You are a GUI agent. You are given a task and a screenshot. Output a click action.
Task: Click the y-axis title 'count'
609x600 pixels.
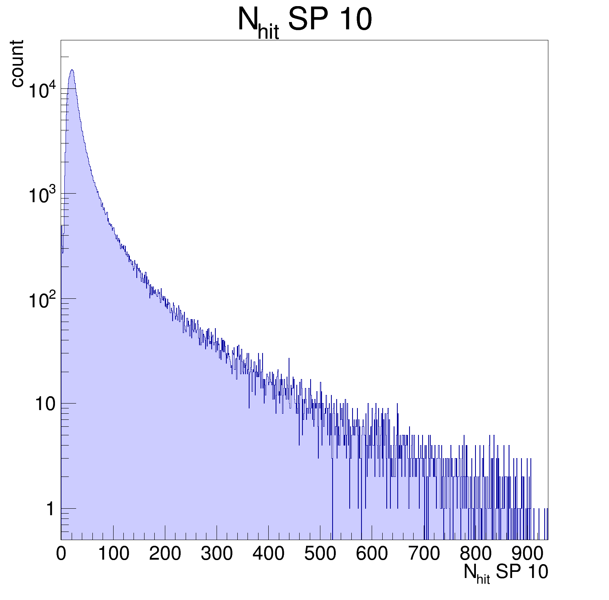(17, 64)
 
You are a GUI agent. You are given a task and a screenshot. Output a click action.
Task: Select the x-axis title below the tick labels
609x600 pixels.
(506, 573)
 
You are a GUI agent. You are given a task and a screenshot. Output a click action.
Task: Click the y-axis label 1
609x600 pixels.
(50, 509)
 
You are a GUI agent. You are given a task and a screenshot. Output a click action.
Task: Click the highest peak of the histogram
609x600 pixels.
(72, 70)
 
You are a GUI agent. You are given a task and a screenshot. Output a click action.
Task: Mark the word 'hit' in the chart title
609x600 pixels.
(268, 33)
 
